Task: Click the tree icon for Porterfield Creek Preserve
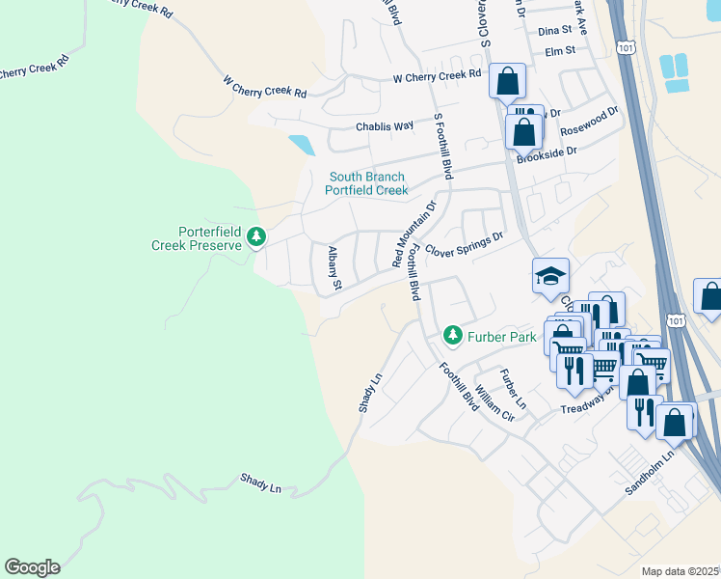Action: (x=256, y=236)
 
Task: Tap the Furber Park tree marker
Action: (x=452, y=336)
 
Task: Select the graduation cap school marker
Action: (x=550, y=277)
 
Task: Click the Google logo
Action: (x=32, y=567)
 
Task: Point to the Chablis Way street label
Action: (x=384, y=125)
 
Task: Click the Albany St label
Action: (x=334, y=267)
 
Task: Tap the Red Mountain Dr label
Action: (x=414, y=233)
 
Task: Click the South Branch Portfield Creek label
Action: (x=366, y=183)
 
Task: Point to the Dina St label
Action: (x=555, y=31)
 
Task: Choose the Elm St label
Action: (x=559, y=50)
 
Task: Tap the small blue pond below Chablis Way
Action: (x=301, y=146)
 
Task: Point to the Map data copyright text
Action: (x=680, y=571)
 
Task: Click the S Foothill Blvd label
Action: (x=443, y=145)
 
